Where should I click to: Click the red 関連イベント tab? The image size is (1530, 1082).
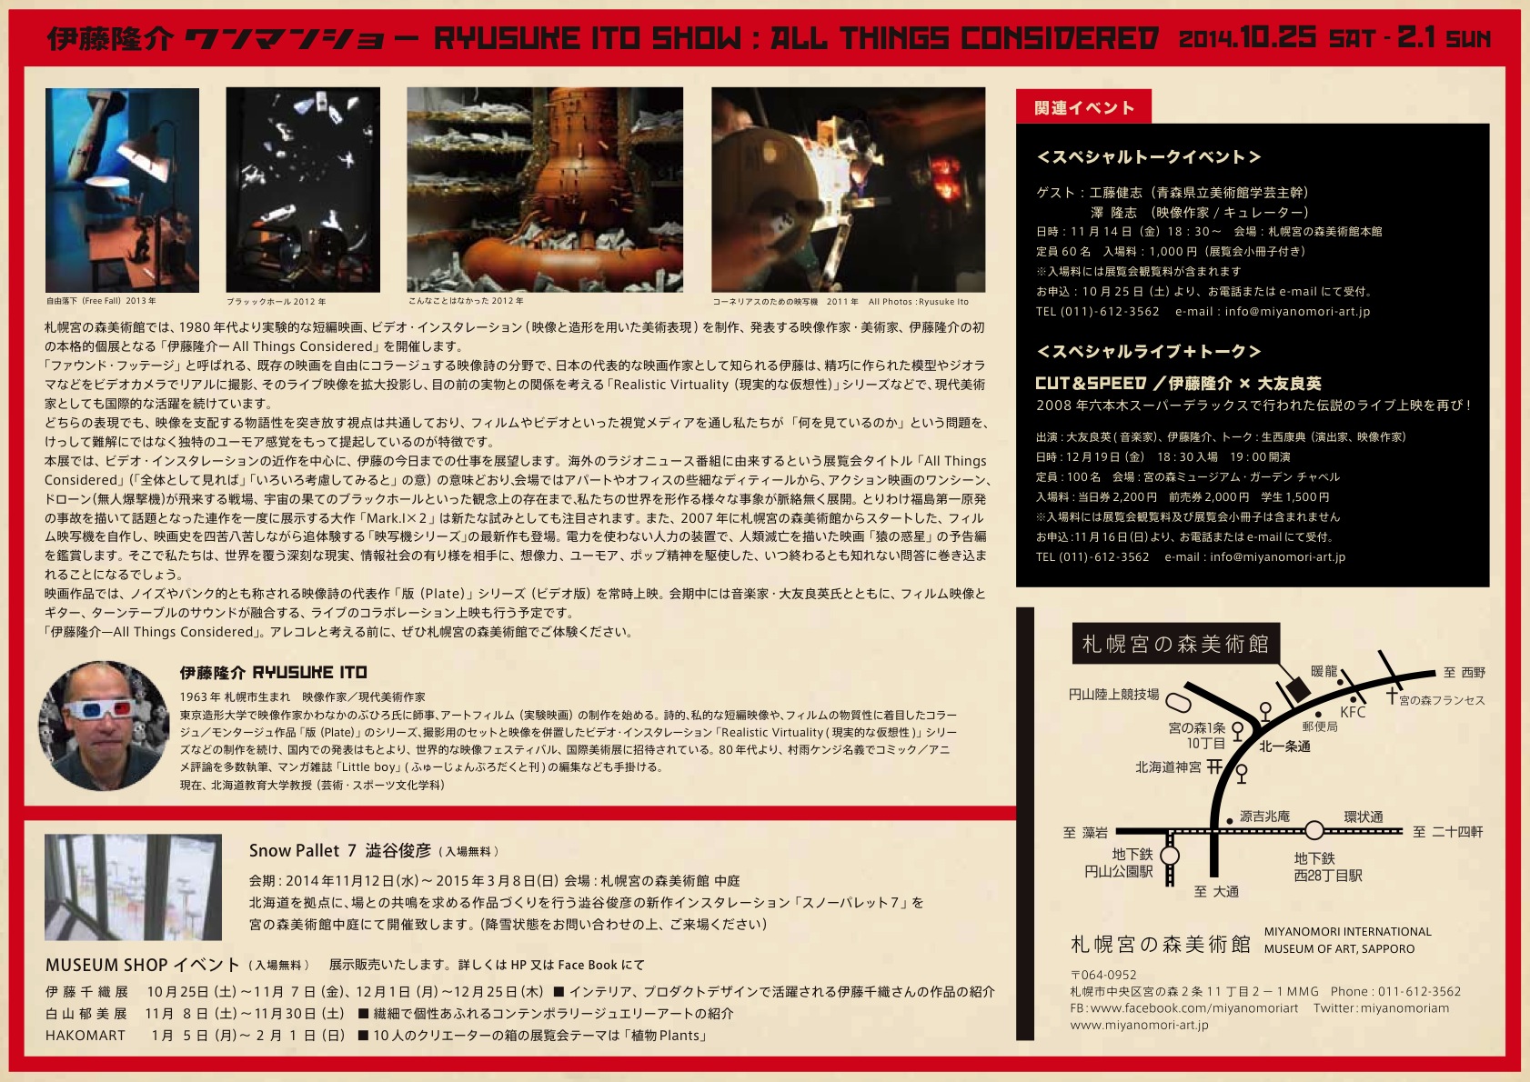[x=1083, y=106]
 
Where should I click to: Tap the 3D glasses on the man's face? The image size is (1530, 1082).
[x=100, y=710]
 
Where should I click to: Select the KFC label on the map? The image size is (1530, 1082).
[x=1353, y=713]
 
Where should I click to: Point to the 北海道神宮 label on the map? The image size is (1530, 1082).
[x=1168, y=767]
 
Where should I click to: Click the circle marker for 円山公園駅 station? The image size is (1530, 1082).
[x=1170, y=856]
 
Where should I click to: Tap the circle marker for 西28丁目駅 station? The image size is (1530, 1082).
[x=1314, y=831]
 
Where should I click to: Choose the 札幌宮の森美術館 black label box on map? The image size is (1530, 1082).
[x=1175, y=643]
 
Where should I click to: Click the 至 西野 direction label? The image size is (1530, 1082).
[x=1465, y=673]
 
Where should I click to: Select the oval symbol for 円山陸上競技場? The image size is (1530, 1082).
[x=1178, y=702]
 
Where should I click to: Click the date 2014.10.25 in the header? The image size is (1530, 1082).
[x=1247, y=37]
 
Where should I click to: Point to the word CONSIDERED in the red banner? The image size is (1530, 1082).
[x=1060, y=38]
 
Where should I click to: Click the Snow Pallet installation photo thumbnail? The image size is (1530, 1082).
[x=133, y=887]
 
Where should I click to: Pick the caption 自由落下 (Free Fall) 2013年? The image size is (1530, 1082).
[x=101, y=300]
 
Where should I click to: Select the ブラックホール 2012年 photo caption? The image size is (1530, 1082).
[x=276, y=301]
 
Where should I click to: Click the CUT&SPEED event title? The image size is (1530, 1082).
[x=1091, y=383]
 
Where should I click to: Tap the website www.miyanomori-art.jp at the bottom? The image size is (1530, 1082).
[x=1139, y=1025]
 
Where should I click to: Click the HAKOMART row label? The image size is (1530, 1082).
[x=86, y=1036]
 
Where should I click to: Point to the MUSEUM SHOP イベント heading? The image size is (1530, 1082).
[x=142, y=965]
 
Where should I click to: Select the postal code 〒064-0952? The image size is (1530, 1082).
[x=1103, y=975]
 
